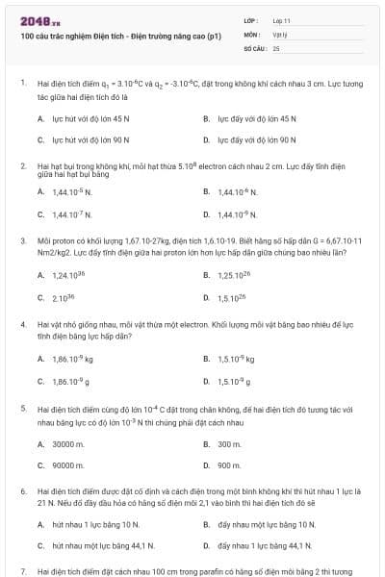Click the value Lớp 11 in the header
[x=282, y=20]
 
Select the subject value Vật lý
[x=280, y=33]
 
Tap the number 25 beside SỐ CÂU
[x=276, y=46]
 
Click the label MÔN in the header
[x=252, y=33]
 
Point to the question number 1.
[x=22, y=84]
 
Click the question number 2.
[x=22, y=165]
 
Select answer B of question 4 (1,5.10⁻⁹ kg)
[x=236, y=359]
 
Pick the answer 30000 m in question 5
[x=67, y=443]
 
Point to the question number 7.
[x=22, y=571]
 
